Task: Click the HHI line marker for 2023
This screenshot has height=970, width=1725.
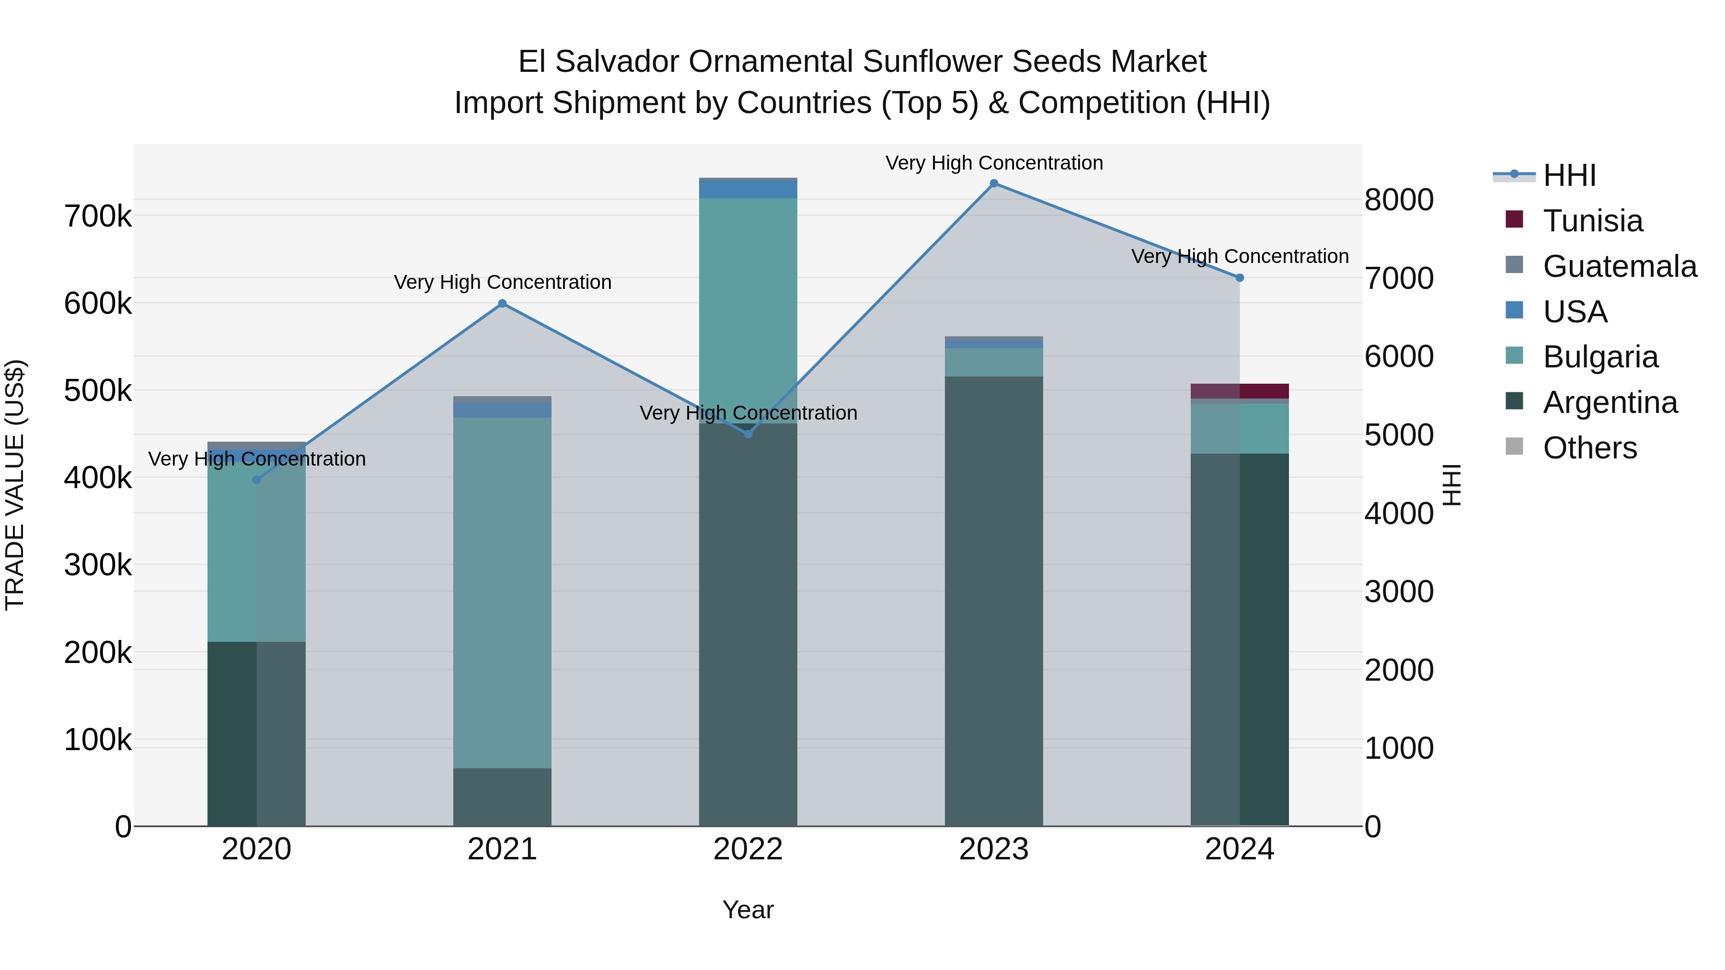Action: click(994, 183)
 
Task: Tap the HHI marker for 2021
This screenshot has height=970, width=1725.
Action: click(502, 303)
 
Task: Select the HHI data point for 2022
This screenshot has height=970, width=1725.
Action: click(748, 434)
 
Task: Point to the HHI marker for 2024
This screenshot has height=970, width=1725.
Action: click(1240, 278)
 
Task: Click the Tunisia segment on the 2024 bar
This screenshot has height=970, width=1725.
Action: click(1240, 391)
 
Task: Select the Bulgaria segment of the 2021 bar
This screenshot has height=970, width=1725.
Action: click(502, 593)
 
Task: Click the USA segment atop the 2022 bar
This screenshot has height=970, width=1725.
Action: click(748, 189)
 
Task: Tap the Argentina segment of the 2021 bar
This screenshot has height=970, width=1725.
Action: click(502, 797)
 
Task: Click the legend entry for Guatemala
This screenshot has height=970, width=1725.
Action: click(1619, 266)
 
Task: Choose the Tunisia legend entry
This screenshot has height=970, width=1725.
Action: click(1592, 221)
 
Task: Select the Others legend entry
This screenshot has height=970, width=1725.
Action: click(1589, 448)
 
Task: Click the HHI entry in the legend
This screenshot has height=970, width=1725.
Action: click(1569, 175)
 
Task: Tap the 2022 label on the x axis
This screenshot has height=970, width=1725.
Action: click(748, 849)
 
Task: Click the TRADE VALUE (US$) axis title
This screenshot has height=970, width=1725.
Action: click(15, 485)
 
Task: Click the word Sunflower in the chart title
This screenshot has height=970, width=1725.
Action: click(931, 62)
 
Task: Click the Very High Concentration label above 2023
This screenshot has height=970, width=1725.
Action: click(994, 163)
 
